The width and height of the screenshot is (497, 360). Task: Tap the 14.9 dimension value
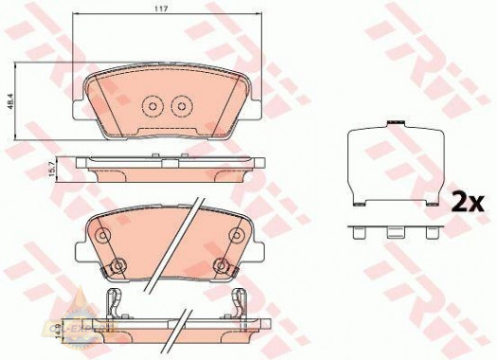(x=56, y=331)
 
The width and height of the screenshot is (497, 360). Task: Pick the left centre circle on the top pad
(x=151, y=107)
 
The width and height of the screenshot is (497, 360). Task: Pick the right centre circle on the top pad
(x=177, y=107)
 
